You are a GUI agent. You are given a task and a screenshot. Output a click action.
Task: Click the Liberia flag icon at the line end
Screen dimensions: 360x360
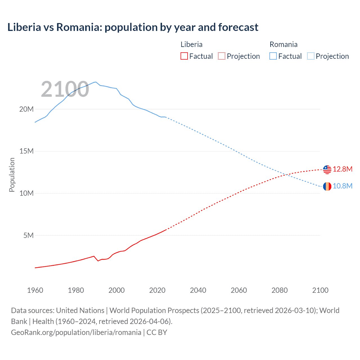pyautogui.click(x=327, y=170)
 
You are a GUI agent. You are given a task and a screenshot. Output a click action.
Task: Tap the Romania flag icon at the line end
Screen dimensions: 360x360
pyautogui.click(x=327, y=186)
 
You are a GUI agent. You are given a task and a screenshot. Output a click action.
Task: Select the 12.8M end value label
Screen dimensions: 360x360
pyautogui.click(x=343, y=169)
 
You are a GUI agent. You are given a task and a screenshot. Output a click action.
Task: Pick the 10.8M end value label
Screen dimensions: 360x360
pyautogui.click(x=343, y=186)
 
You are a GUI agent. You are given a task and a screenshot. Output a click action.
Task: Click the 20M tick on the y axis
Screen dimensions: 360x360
pyautogui.click(x=26, y=109)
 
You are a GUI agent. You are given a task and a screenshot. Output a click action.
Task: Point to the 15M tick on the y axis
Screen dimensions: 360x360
pyautogui.click(x=26, y=151)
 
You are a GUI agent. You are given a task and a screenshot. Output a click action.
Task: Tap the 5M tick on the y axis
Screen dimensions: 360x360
pyautogui.click(x=28, y=235)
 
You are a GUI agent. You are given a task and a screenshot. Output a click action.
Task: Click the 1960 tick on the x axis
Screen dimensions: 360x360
pyautogui.click(x=35, y=290)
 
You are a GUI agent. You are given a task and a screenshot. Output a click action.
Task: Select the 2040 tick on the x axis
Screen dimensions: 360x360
pyautogui.click(x=198, y=290)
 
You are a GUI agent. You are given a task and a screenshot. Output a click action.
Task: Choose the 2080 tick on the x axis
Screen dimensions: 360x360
pyautogui.click(x=280, y=290)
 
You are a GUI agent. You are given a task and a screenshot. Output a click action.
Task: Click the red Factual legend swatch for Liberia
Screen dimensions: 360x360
pyautogui.click(x=184, y=56)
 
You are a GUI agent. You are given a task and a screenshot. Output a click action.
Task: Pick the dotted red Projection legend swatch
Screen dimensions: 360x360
pyautogui.click(x=222, y=56)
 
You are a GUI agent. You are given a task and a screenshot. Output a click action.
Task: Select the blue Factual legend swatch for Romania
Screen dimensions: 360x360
pyautogui.click(x=273, y=56)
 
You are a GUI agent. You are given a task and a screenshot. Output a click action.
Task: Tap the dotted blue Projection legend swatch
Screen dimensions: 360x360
pyautogui.click(x=311, y=56)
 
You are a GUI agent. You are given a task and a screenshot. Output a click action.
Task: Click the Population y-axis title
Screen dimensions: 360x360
pyautogui.click(x=12, y=175)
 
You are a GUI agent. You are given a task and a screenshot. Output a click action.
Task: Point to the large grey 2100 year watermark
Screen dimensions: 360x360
pyautogui.click(x=65, y=89)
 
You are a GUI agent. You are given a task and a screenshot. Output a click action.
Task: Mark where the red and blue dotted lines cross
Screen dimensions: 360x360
pyautogui.click(x=286, y=175)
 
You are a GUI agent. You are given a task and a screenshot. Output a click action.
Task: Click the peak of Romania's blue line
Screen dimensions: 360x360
pyautogui.click(x=96, y=82)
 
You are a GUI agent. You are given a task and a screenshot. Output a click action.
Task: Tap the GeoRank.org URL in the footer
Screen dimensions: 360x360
pyautogui.click(x=76, y=332)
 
